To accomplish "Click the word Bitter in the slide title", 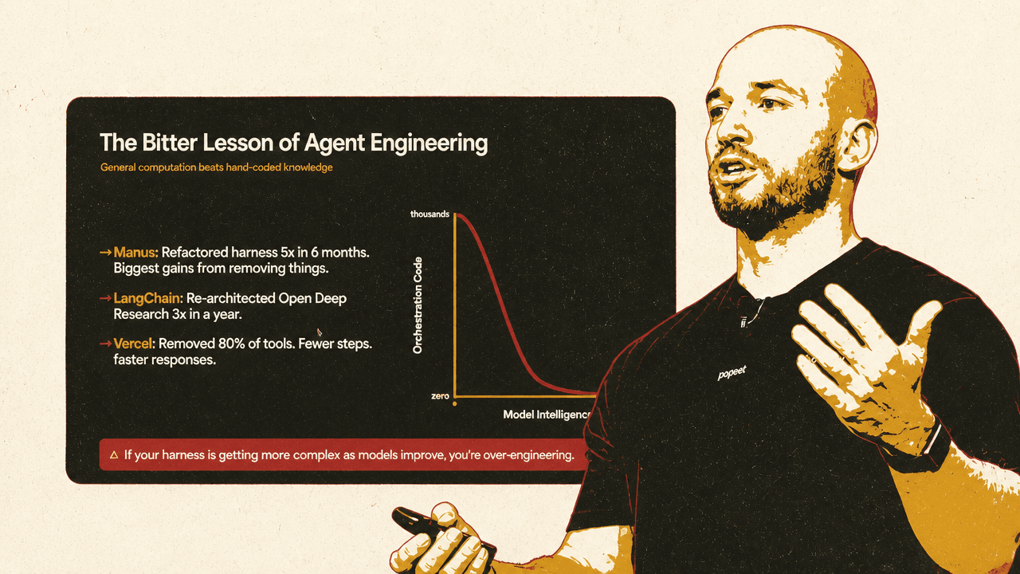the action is click(x=168, y=142).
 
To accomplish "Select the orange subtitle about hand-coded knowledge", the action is click(x=216, y=167).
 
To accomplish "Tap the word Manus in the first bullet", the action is click(x=135, y=252).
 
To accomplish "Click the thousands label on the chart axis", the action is click(x=430, y=214).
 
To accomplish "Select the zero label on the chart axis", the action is click(x=440, y=396).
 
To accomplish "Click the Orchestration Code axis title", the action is click(x=418, y=305).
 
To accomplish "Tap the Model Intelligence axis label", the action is click(x=546, y=415).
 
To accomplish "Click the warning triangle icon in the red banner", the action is click(x=114, y=454).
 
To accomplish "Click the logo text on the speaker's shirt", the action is click(x=732, y=373).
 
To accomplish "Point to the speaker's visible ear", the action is click(x=855, y=145).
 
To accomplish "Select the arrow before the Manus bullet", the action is click(x=106, y=252).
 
